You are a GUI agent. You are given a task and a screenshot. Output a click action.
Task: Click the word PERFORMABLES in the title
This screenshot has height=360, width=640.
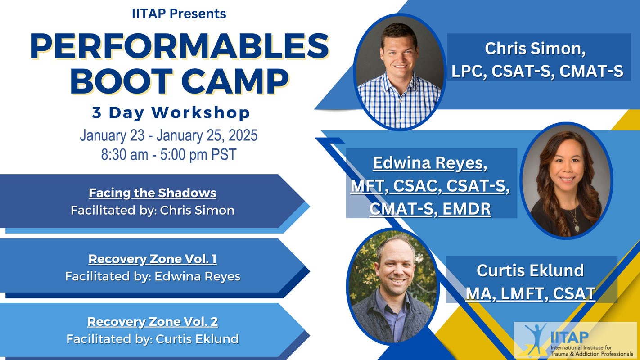point(179,46)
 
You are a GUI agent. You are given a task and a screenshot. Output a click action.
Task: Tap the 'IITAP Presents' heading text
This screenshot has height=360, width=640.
point(179,13)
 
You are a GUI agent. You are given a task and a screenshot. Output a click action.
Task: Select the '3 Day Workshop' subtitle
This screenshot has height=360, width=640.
point(171,113)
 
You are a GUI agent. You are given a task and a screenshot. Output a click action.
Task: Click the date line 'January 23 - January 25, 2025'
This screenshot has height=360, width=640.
point(169,135)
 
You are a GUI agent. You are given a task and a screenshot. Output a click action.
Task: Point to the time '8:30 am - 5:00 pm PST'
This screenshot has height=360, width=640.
point(169,154)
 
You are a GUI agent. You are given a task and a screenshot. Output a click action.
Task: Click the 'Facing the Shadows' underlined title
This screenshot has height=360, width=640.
point(153,193)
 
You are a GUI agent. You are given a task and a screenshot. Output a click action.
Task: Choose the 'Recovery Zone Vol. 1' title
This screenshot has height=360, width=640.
point(153,259)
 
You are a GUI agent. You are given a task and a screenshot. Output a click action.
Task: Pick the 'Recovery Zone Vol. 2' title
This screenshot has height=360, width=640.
point(153,321)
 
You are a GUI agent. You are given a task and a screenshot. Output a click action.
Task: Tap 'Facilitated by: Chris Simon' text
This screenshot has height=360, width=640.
point(153,210)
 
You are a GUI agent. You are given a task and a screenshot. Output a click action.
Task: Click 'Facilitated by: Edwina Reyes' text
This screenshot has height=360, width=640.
point(153,276)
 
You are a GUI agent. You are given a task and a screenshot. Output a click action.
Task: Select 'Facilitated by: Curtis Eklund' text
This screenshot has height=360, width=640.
point(153,339)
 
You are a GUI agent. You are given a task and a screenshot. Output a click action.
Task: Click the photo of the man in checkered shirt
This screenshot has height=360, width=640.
point(399,72)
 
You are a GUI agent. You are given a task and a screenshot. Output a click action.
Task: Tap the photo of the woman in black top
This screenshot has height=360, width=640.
point(566,181)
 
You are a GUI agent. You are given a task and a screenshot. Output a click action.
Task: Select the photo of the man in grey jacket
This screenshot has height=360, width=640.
point(393,287)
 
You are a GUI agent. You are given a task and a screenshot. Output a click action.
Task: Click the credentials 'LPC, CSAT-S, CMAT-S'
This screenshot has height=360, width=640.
point(537,71)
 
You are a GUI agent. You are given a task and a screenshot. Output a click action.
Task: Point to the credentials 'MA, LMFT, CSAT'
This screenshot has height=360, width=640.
point(531,293)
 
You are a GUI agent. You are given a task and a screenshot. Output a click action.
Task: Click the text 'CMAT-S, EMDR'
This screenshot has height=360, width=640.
point(430,208)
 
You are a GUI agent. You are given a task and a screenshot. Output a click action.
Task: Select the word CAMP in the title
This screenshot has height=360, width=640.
point(235,81)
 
